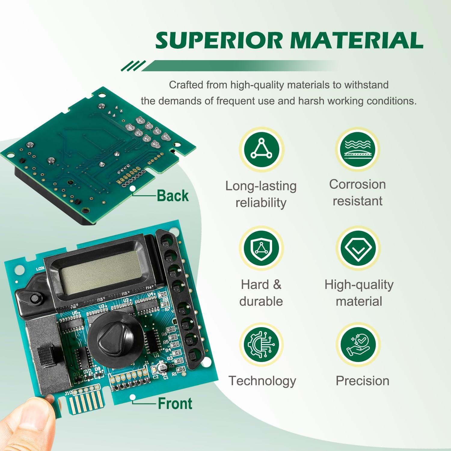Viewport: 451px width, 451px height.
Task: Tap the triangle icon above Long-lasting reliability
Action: click(x=261, y=149)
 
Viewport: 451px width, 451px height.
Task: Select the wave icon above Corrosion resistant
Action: click(x=357, y=149)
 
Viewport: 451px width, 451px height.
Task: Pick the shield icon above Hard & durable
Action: click(x=261, y=249)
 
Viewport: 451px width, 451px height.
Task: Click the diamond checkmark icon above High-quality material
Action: click(x=358, y=249)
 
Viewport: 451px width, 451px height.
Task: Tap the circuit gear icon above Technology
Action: click(x=261, y=344)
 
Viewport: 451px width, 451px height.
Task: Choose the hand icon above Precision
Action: click(x=358, y=344)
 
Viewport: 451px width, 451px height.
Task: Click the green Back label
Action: click(x=173, y=196)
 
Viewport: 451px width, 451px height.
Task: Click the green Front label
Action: click(x=175, y=403)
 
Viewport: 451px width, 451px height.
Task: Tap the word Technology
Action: click(x=262, y=381)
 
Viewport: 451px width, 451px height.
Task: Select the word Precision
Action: click(x=362, y=381)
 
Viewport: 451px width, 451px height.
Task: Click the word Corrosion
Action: click(x=357, y=184)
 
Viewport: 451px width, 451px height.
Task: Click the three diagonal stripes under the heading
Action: click(x=133, y=66)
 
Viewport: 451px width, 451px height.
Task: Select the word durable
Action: click(x=261, y=301)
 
